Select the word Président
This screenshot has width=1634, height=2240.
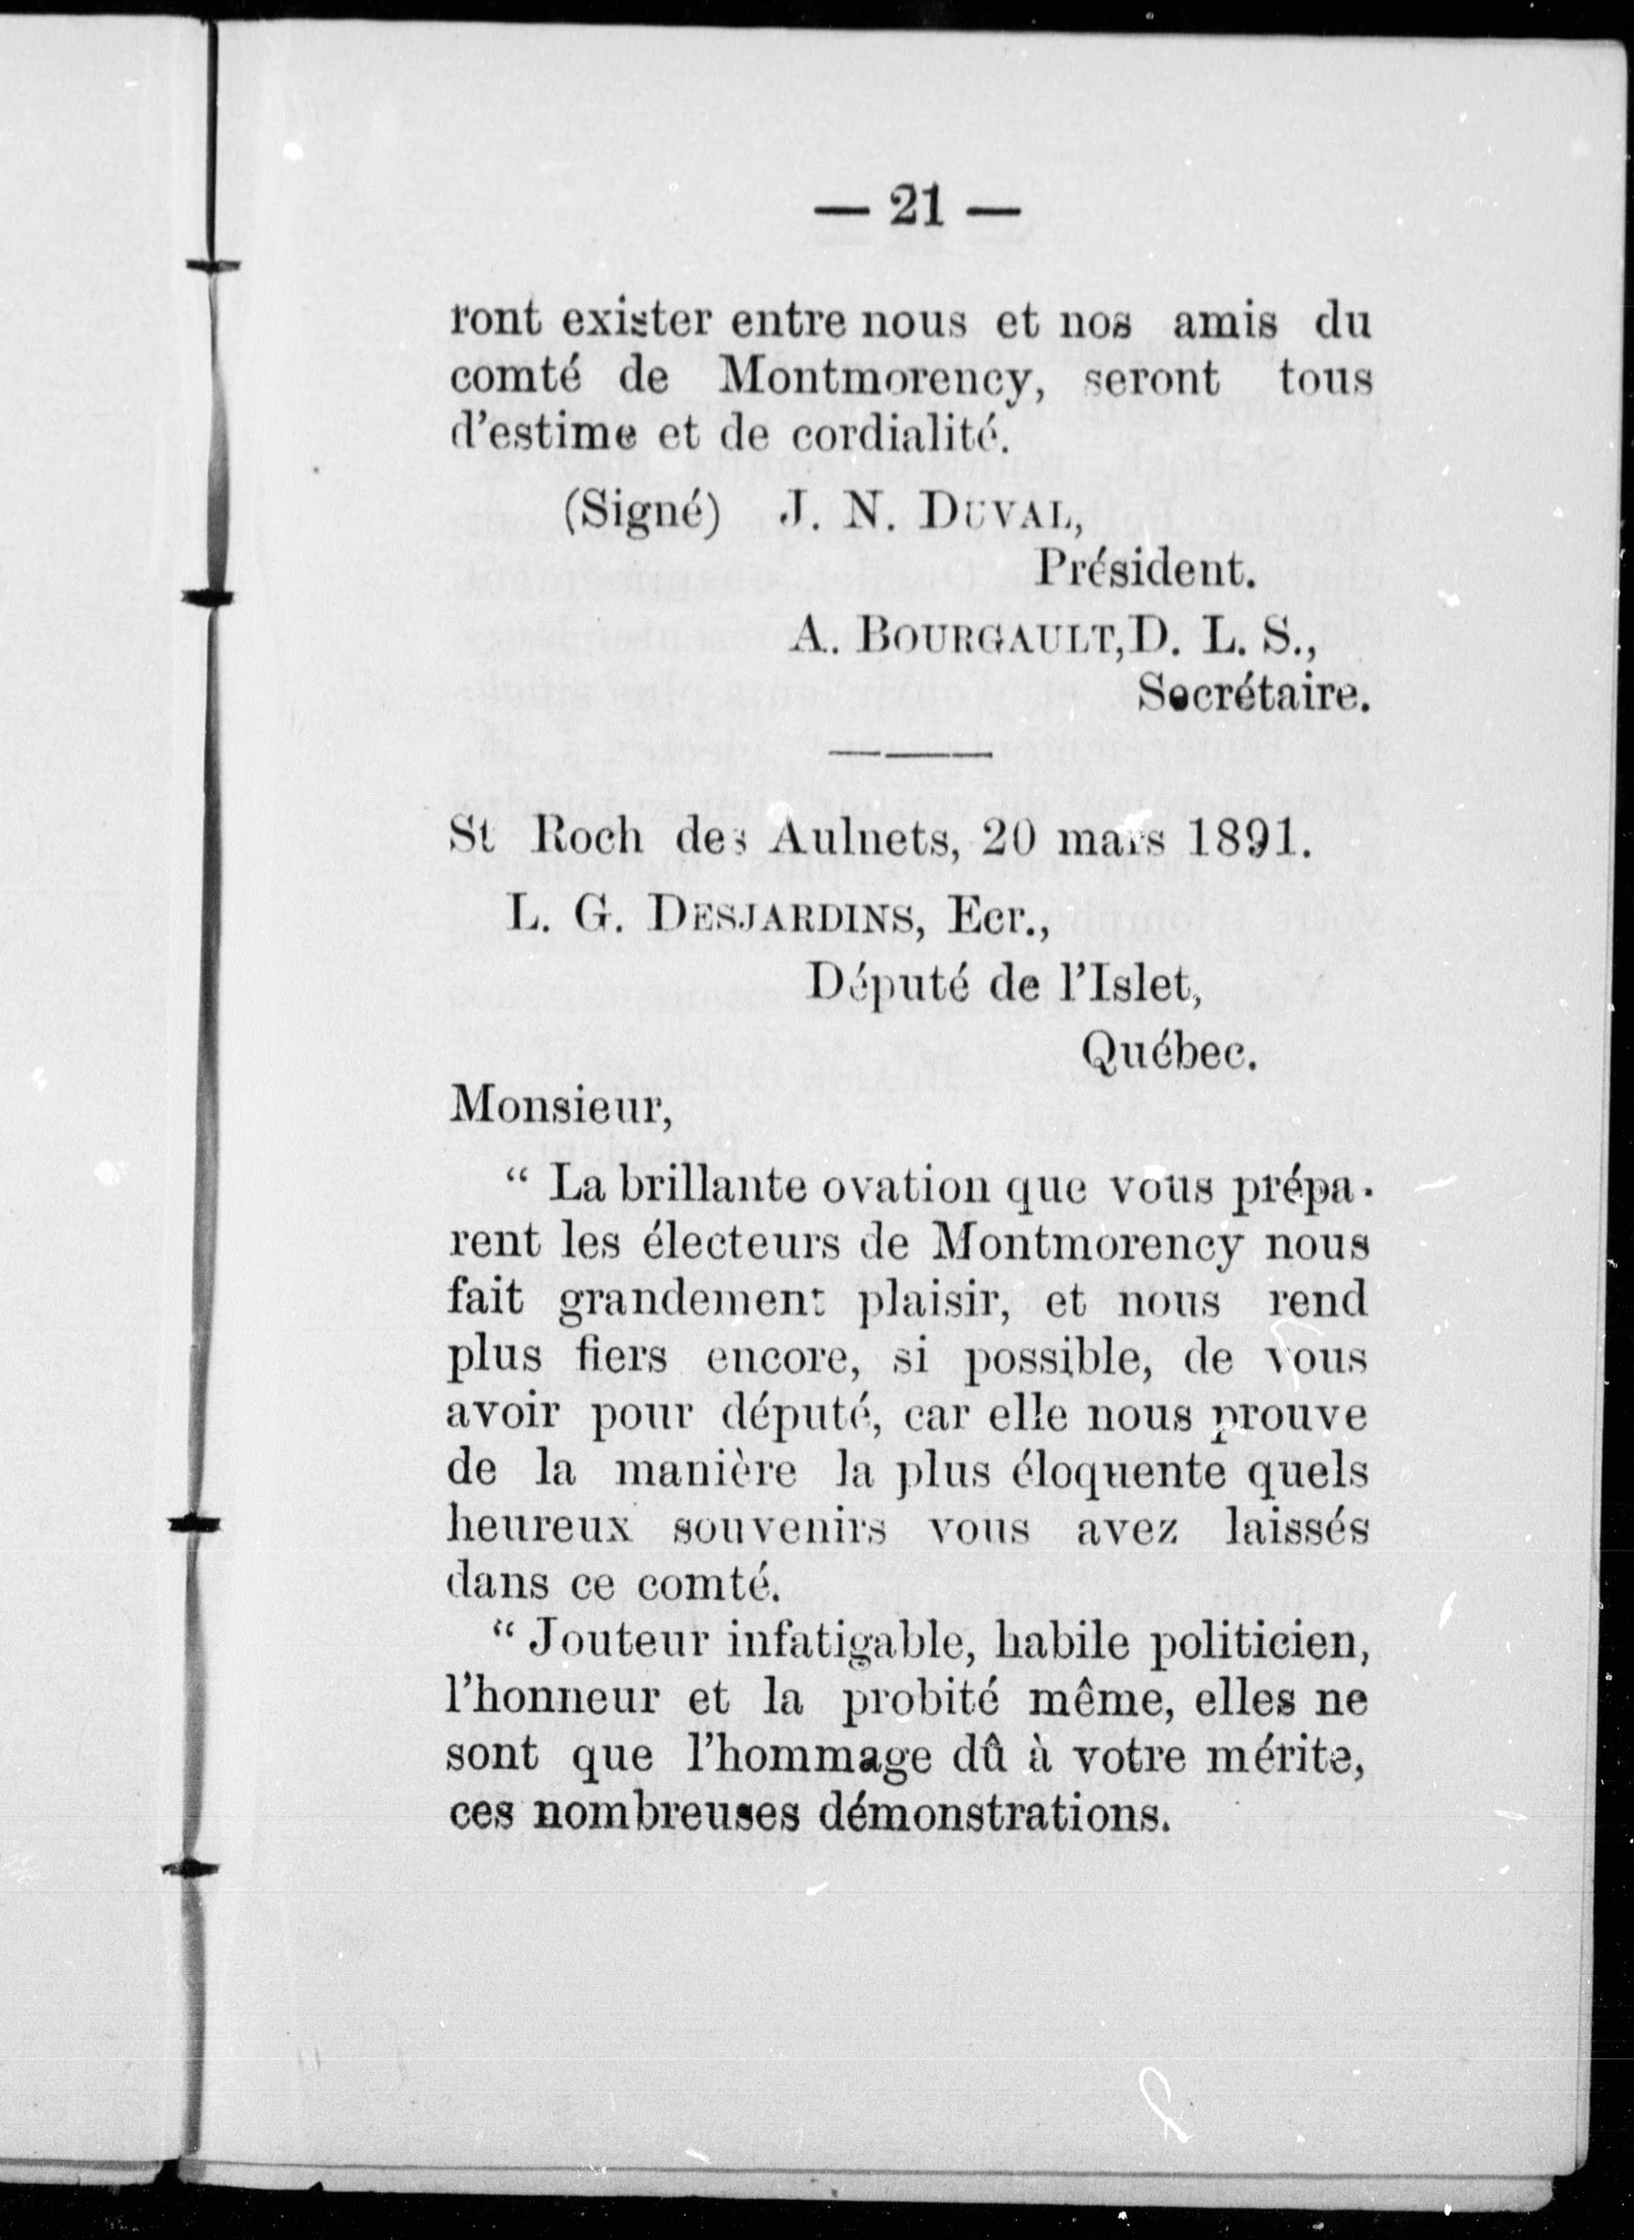[1144, 570]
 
